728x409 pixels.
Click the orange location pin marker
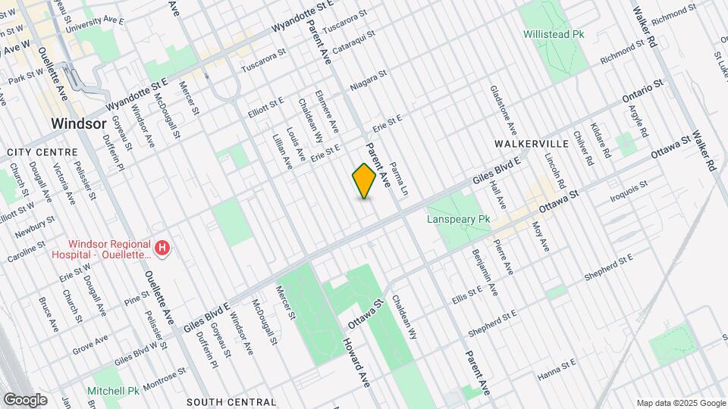pyautogui.click(x=364, y=181)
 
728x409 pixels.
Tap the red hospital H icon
pyautogui.click(x=162, y=248)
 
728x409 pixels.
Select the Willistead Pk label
pyautogui.click(x=554, y=34)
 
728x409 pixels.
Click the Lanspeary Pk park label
pyautogui.click(x=459, y=219)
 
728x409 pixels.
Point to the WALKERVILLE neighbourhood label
pyautogui.click(x=532, y=143)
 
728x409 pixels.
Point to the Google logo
pyautogui.click(x=24, y=399)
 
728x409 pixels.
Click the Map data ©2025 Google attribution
pyautogui.click(x=679, y=402)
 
